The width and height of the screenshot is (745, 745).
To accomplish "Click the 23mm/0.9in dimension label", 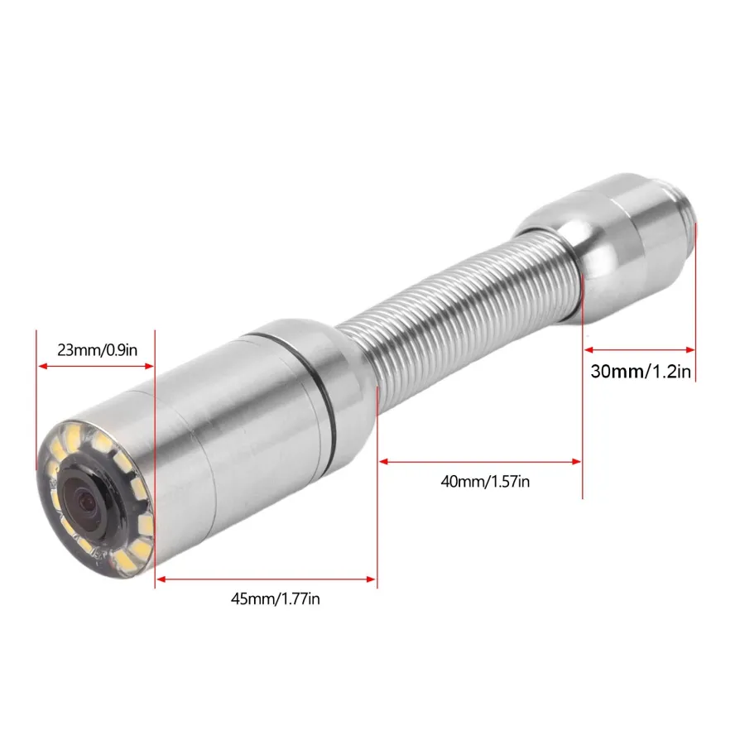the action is (x=98, y=350).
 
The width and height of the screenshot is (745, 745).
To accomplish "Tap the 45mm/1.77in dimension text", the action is (x=275, y=598).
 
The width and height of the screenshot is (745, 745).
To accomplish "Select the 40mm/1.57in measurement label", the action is (x=485, y=481).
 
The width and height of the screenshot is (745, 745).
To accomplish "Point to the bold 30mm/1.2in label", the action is (x=641, y=371).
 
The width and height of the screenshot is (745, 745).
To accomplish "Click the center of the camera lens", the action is (x=86, y=499).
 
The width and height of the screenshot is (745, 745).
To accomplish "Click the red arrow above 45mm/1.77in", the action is (x=266, y=579).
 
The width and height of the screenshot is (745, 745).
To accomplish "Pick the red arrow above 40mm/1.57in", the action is (x=480, y=461).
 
